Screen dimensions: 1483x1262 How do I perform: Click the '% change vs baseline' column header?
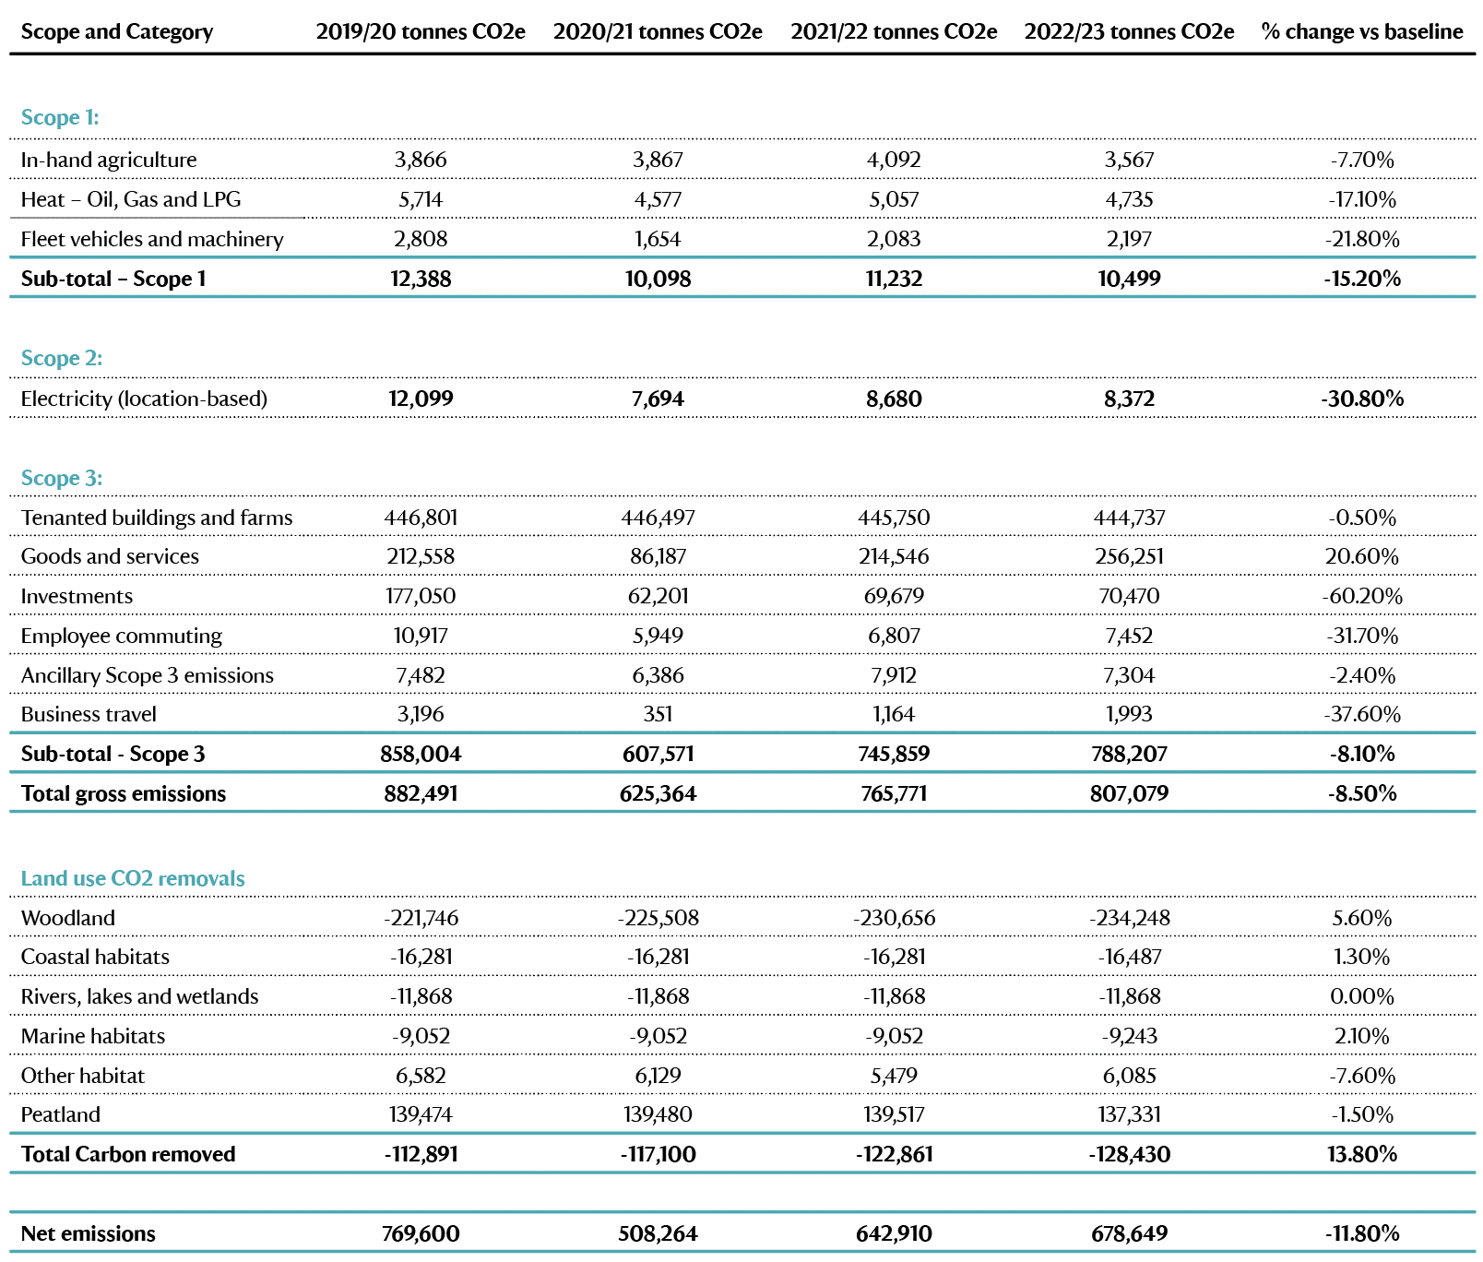1362,31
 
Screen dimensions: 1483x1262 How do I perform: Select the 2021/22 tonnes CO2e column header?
894,31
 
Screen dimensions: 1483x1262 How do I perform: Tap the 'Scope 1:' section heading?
60,117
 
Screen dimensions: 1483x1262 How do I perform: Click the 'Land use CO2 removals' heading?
133,878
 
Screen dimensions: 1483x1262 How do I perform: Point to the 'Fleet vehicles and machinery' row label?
152,239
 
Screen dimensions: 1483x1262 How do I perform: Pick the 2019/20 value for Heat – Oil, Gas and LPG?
421,199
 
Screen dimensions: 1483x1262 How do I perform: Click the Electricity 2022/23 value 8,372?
1129,399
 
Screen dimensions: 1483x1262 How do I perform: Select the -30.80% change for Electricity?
1362,399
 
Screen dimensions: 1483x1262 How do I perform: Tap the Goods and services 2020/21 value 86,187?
658,556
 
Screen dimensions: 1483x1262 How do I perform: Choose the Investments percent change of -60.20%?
1362,596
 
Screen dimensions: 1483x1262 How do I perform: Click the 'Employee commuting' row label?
122,636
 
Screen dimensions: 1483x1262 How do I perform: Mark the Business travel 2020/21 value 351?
658,714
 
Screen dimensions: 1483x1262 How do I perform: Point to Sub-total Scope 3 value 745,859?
894,754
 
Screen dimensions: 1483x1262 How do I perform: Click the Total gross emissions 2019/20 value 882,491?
421,793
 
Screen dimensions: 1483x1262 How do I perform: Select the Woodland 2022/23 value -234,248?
1129,918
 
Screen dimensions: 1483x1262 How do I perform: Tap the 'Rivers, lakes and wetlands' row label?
140,996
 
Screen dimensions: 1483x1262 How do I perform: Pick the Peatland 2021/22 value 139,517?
894,1114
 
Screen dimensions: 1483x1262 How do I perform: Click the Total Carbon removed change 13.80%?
1362,1154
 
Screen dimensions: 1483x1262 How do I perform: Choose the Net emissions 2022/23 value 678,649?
1129,1233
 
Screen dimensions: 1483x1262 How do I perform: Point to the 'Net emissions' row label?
89,1233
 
